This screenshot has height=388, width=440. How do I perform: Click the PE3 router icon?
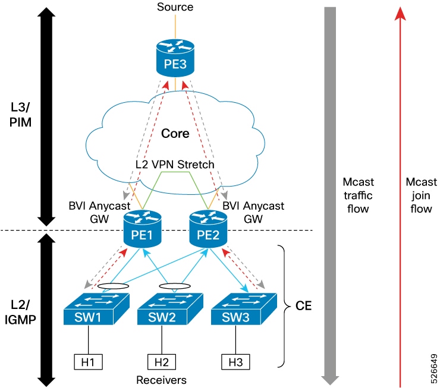[x=175, y=57]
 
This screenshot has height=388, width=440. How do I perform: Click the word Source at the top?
[x=175, y=7]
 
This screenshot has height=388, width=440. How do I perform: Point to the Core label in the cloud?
[x=175, y=133]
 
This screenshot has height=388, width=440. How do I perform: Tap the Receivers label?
[x=161, y=378]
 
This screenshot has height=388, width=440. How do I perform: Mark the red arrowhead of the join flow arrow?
[x=401, y=13]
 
